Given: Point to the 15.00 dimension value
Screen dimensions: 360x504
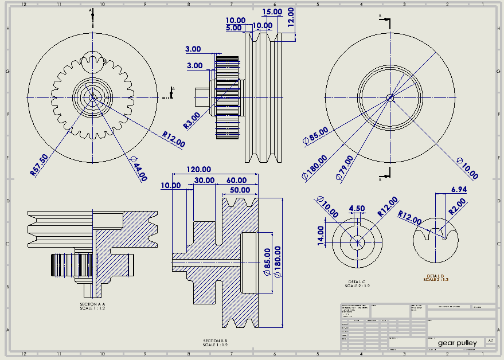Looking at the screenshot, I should [x=272, y=11].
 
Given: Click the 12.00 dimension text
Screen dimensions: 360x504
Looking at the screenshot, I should [x=291, y=18].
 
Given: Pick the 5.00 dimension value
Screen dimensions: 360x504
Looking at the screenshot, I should [x=234, y=28].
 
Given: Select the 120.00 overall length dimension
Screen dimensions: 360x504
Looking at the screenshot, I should [x=200, y=170].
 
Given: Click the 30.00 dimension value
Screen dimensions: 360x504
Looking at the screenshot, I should [x=205, y=180].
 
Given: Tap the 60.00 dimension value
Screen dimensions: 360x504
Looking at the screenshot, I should [x=236, y=180].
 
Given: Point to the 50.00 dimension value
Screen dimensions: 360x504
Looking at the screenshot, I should [x=240, y=190].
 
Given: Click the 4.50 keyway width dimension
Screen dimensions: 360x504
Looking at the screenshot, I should [x=357, y=208].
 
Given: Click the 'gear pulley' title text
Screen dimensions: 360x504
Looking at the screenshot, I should [x=457, y=343].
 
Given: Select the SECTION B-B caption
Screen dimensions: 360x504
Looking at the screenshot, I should [x=216, y=343].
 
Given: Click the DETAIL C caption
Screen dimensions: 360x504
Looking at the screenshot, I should [x=357, y=283].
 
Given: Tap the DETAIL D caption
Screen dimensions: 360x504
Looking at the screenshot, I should [x=436, y=277].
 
